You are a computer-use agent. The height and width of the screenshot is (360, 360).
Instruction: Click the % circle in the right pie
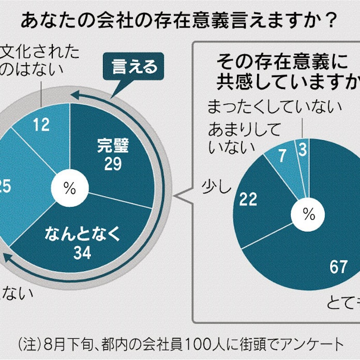tap(309, 213)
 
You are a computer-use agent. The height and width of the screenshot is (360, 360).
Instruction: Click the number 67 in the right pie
tap(338, 267)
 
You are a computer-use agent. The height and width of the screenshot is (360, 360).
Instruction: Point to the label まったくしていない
tap(274, 107)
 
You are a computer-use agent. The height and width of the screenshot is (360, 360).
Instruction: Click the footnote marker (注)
tap(30, 342)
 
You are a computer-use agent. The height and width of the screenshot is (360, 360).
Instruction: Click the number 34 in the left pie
tap(83, 253)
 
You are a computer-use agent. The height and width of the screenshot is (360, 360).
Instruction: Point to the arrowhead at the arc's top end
tap(74, 95)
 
